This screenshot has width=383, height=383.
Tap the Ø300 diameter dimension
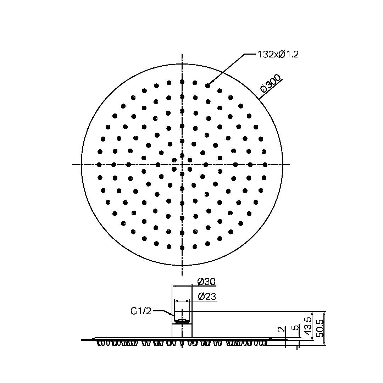point(271,85)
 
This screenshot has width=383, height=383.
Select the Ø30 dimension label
point(206,282)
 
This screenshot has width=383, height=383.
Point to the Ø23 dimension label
point(207,296)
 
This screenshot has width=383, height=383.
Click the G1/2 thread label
point(141,311)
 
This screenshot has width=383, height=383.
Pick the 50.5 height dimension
point(321,328)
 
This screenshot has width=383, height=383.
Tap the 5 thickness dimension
point(295,327)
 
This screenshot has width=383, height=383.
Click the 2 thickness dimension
point(281,330)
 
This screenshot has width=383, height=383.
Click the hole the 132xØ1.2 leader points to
point(207,85)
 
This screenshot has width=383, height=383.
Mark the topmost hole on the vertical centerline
point(182,82)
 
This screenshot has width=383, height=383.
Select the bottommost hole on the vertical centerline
point(182,247)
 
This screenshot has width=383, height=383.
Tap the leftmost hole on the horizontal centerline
point(99,165)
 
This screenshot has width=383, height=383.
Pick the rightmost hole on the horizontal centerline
point(265,165)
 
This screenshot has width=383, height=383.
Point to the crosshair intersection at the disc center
point(182,165)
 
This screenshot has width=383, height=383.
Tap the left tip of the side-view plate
point(82,340)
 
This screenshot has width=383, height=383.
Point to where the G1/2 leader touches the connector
point(173,315)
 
